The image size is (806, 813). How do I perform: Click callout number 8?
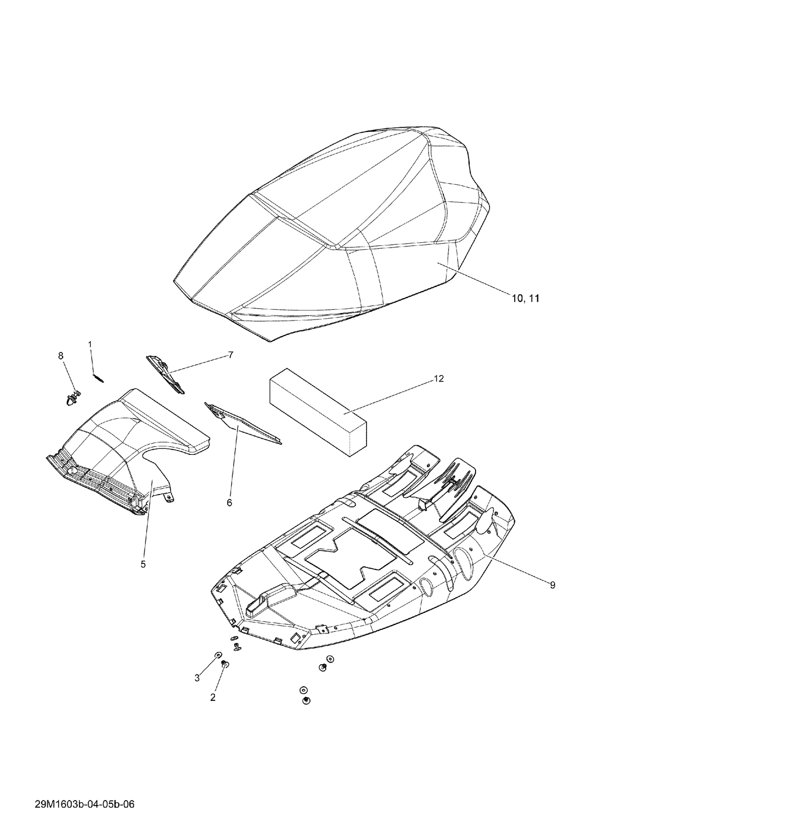[61, 355]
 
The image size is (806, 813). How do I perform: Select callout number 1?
[90, 344]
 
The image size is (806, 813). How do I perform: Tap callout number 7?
[231, 354]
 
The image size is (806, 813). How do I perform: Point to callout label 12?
[439, 379]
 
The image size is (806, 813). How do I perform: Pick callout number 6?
[229, 503]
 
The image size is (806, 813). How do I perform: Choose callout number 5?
[143, 564]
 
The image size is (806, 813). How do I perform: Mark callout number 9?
[552, 585]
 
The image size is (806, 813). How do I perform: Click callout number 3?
[197, 678]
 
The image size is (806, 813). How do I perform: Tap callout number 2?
[213, 698]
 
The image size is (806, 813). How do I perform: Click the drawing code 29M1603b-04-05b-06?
[84, 789]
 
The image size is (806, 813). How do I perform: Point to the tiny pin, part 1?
[98, 378]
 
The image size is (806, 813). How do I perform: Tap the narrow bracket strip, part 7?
[165, 374]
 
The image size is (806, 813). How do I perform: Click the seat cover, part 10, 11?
[333, 231]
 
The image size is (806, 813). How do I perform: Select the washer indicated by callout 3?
[218, 655]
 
